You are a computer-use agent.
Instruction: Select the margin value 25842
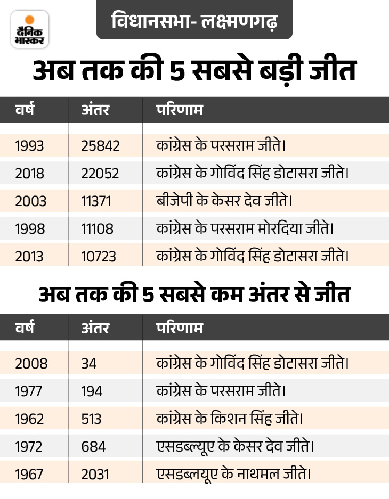pos(100,145)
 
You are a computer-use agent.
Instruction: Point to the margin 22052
pos(100,174)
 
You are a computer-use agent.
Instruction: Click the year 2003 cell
pos(30,201)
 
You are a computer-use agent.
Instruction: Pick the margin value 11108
pos(98,229)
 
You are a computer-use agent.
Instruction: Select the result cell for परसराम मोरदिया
pos(245,229)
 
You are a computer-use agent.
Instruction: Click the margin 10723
pos(99,257)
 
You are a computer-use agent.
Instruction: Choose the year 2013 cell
pos(30,257)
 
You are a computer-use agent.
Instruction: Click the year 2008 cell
pos(31,363)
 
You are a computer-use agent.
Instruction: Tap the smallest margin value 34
pos(89,363)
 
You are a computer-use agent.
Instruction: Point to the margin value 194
pos(92,391)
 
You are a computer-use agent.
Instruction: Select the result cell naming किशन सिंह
pos(230,419)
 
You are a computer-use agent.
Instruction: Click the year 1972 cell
pos(29,446)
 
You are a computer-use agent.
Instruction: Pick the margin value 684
pos(93,446)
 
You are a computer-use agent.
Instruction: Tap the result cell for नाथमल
pos(233,474)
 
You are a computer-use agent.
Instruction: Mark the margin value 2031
pos(95,474)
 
